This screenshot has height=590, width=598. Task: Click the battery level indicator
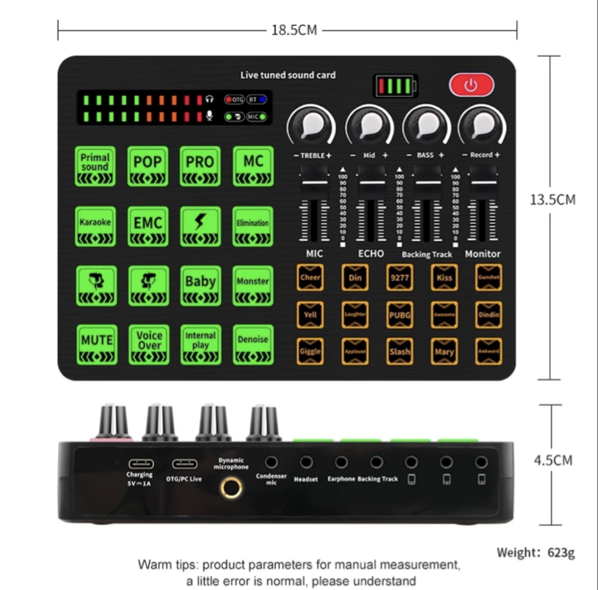[395, 86]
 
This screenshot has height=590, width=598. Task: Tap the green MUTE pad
[96, 345]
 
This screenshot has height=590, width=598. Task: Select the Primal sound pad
[95, 167]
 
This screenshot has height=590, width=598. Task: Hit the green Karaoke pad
[95, 226]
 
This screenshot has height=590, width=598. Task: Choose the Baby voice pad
[200, 285]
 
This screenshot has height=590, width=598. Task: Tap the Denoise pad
[253, 345]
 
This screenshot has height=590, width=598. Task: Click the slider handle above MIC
[314, 183]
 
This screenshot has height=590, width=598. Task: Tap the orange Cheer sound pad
[310, 278]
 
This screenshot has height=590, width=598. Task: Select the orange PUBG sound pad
[400, 315]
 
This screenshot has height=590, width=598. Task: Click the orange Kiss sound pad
[444, 278]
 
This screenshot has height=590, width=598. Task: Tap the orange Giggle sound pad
[310, 351]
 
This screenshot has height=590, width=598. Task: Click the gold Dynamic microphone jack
[231, 488]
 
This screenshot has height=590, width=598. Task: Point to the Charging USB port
[141, 463]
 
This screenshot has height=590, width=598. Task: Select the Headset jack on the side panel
[306, 462]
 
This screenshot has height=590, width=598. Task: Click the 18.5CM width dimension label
[294, 30]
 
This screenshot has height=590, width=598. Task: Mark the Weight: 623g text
[535, 552]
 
